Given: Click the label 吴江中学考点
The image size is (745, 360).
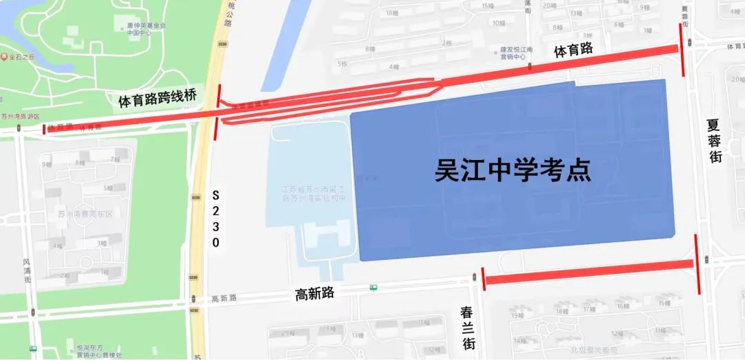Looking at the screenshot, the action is pos(513,170).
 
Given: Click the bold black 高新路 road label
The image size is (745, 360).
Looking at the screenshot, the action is pos(315,293).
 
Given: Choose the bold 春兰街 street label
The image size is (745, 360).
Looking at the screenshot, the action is pos(468,326).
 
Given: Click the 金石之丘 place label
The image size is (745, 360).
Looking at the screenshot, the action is pos(21,57).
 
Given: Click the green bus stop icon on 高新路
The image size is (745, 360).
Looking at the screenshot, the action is pos(373,287).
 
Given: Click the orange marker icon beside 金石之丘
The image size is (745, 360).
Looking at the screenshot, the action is pos(3,57).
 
